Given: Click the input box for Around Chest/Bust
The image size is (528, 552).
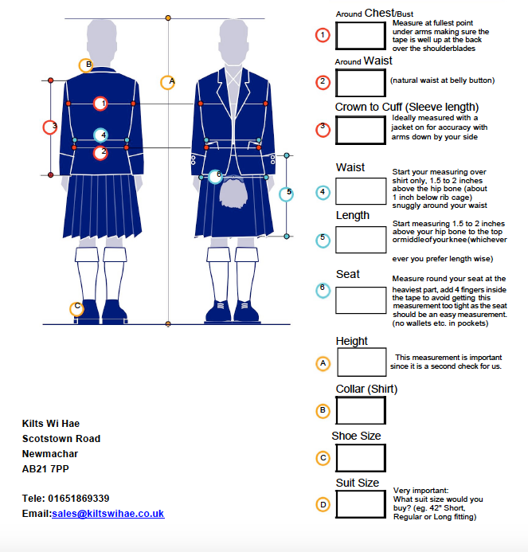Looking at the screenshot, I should [x=361, y=35].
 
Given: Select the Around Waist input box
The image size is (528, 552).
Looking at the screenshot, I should [x=361, y=82].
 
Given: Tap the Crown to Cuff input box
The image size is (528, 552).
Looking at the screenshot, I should [x=361, y=130].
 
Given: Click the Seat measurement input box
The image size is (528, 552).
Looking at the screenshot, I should [x=361, y=299].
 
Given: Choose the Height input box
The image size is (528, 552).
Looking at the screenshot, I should [x=362, y=362].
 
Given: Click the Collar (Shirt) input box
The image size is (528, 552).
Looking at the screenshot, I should [x=361, y=410].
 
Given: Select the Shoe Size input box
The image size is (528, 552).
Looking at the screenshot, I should [x=361, y=457].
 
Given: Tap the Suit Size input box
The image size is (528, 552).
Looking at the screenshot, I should [x=361, y=503].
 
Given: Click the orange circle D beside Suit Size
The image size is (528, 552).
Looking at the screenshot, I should [x=323, y=504].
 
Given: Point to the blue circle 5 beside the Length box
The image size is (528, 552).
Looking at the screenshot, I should [x=323, y=238].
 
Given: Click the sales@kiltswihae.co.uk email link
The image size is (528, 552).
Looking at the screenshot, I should [x=108, y=514].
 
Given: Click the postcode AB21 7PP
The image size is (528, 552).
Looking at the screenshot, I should [x=45, y=469].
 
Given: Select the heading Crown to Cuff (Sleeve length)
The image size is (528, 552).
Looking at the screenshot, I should [x=407, y=107].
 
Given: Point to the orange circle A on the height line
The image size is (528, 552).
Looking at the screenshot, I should [x=167, y=82].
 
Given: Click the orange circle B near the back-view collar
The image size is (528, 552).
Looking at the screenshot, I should [x=86, y=65].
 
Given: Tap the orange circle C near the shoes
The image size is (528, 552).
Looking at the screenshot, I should [x=76, y=307].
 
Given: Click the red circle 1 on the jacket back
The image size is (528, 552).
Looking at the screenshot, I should [x=100, y=104].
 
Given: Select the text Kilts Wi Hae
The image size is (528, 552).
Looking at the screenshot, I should [x=51, y=424].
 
